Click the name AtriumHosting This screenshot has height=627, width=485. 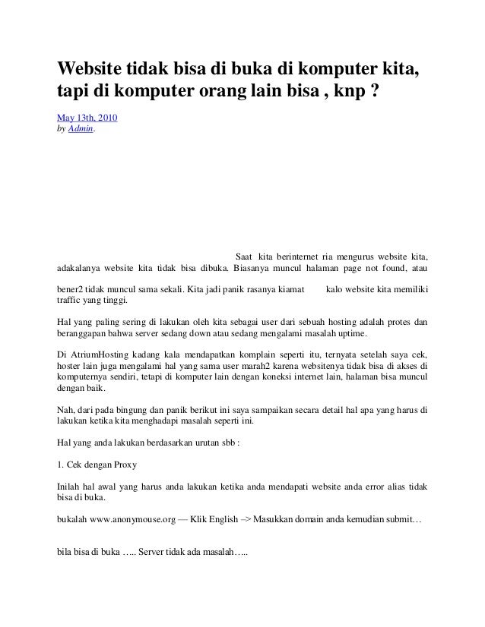[x=112, y=355]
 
